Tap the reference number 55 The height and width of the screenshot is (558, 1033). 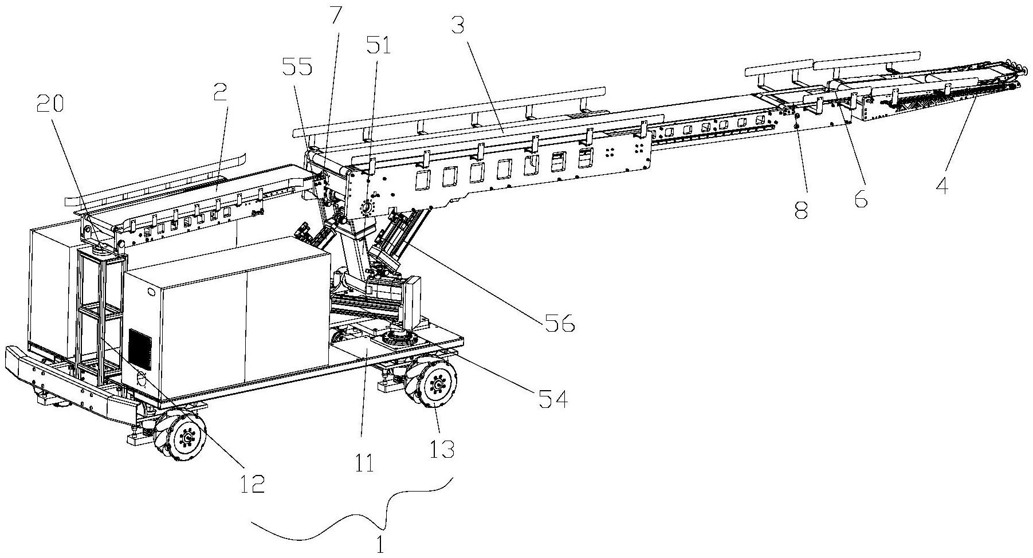click(x=297, y=68)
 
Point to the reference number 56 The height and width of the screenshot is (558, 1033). click(x=559, y=324)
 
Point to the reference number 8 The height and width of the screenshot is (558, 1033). click(x=800, y=211)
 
